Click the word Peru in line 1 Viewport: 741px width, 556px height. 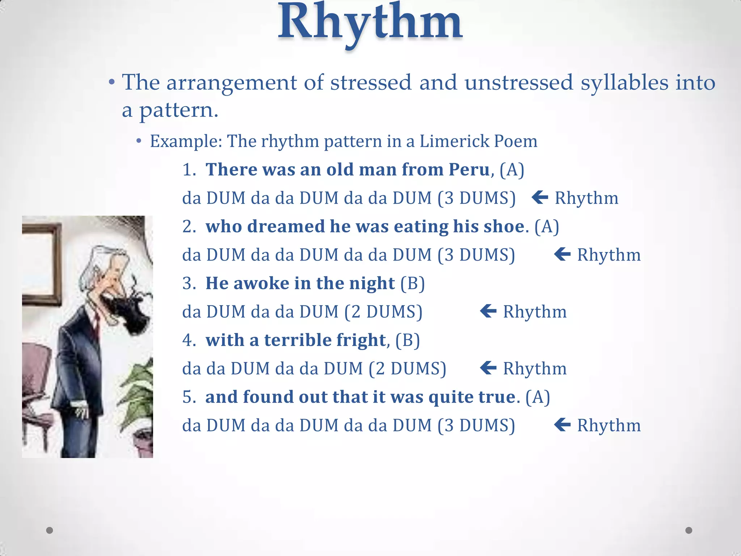click(x=469, y=169)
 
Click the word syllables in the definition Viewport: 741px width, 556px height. click(x=624, y=83)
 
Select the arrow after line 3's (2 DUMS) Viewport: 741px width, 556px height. click(x=488, y=311)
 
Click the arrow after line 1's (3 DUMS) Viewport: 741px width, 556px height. click(x=540, y=198)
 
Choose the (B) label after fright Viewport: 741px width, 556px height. click(x=407, y=340)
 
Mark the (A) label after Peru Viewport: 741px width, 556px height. click(x=512, y=169)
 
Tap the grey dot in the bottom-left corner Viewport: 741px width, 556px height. click(x=50, y=530)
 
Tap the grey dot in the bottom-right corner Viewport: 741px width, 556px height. click(x=689, y=530)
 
